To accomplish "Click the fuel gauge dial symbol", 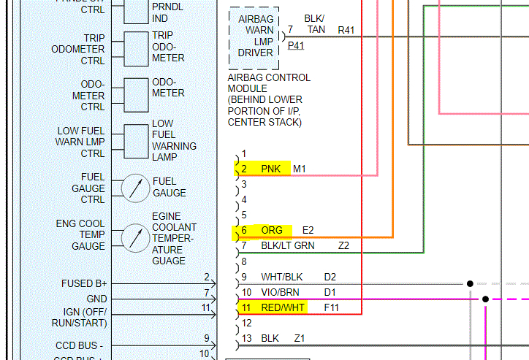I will click(x=134, y=188).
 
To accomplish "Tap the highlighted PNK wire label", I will click(x=270, y=169).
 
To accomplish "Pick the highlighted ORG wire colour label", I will click(x=272, y=231).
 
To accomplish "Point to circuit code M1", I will click(x=300, y=169).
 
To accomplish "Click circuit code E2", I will click(x=308, y=231).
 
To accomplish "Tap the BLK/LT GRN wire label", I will click(x=288, y=246).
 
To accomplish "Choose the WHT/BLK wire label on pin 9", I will click(x=281, y=277).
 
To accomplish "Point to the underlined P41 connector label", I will click(x=296, y=45).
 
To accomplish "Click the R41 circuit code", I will click(x=346, y=30).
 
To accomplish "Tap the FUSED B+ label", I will click(x=85, y=283).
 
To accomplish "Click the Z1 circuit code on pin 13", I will click(x=300, y=339).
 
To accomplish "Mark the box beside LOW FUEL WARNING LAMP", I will click(x=135, y=141).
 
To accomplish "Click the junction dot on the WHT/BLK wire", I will click(x=470, y=283).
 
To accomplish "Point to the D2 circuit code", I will click(x=330, y=277).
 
